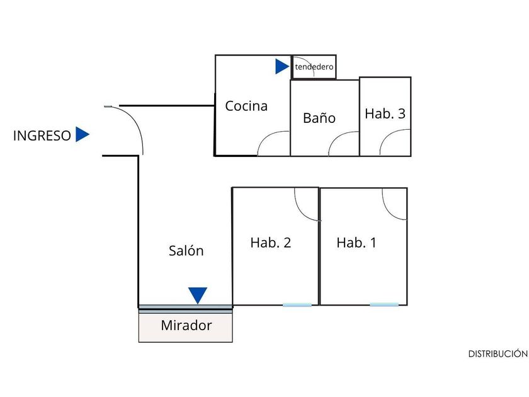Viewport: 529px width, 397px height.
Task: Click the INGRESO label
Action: (42, 135)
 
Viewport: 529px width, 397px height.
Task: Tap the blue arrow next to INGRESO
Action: (82, 134)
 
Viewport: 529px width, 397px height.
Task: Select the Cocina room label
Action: (246, 106)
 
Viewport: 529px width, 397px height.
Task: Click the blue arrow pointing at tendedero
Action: (282, 66)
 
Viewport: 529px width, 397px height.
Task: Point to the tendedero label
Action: (314, 66)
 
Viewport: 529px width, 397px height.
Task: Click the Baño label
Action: (319, 118)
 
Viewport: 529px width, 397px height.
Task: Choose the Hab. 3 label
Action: (385, 114)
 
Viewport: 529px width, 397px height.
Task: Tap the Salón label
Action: (186, 251)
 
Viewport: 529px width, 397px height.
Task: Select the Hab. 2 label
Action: (270, 243)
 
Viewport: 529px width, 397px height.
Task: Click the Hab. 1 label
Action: (356, 243)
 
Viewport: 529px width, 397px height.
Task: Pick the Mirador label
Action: (186, 326)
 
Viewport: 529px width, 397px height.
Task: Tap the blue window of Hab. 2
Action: (297, 305)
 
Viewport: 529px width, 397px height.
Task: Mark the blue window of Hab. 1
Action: (384, 305)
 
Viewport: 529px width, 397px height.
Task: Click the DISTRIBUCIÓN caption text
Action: (498, 354)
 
